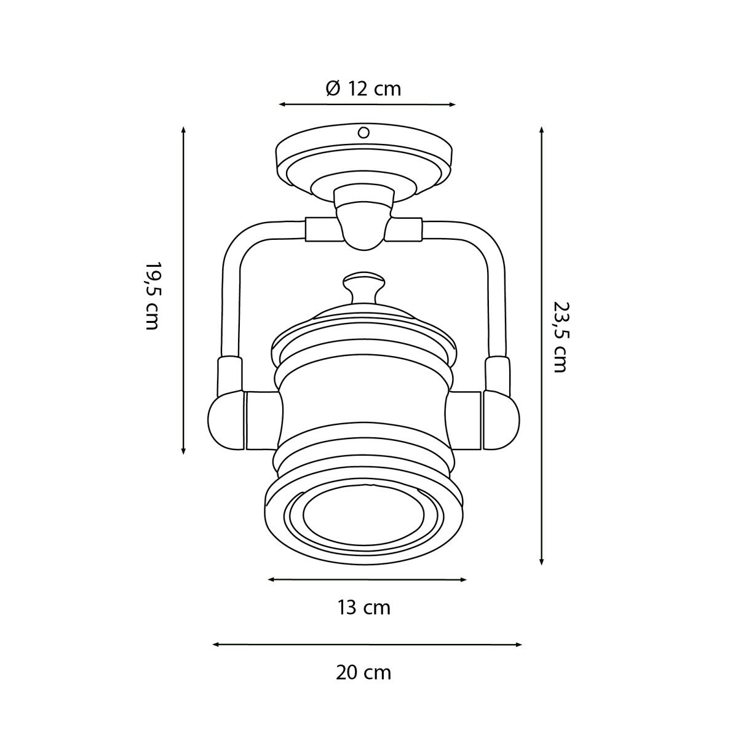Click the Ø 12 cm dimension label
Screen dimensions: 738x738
coord(363,89)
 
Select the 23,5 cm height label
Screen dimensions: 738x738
coord(560,337)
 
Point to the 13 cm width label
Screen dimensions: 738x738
coord(364,608)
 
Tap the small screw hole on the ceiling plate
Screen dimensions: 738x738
coord(363,132)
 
